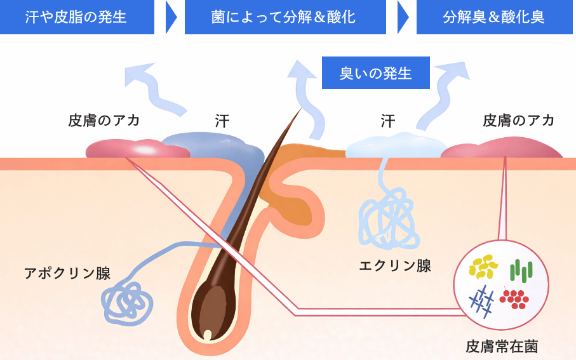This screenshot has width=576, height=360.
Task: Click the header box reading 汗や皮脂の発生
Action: pos(77,17)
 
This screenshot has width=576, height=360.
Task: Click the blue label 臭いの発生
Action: pos(376,74)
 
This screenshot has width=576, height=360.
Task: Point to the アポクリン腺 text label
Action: pos(67,274)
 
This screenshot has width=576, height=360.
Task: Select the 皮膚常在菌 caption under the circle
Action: pos(502,347)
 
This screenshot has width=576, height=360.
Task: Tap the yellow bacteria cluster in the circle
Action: pos(483,266)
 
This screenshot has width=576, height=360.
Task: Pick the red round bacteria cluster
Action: pos(514,298)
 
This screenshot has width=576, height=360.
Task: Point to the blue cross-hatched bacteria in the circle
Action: pos(482,300)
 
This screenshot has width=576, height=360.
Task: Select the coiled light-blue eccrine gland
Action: pos(387,219)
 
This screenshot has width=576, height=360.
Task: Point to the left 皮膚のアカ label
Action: pos(104,120)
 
